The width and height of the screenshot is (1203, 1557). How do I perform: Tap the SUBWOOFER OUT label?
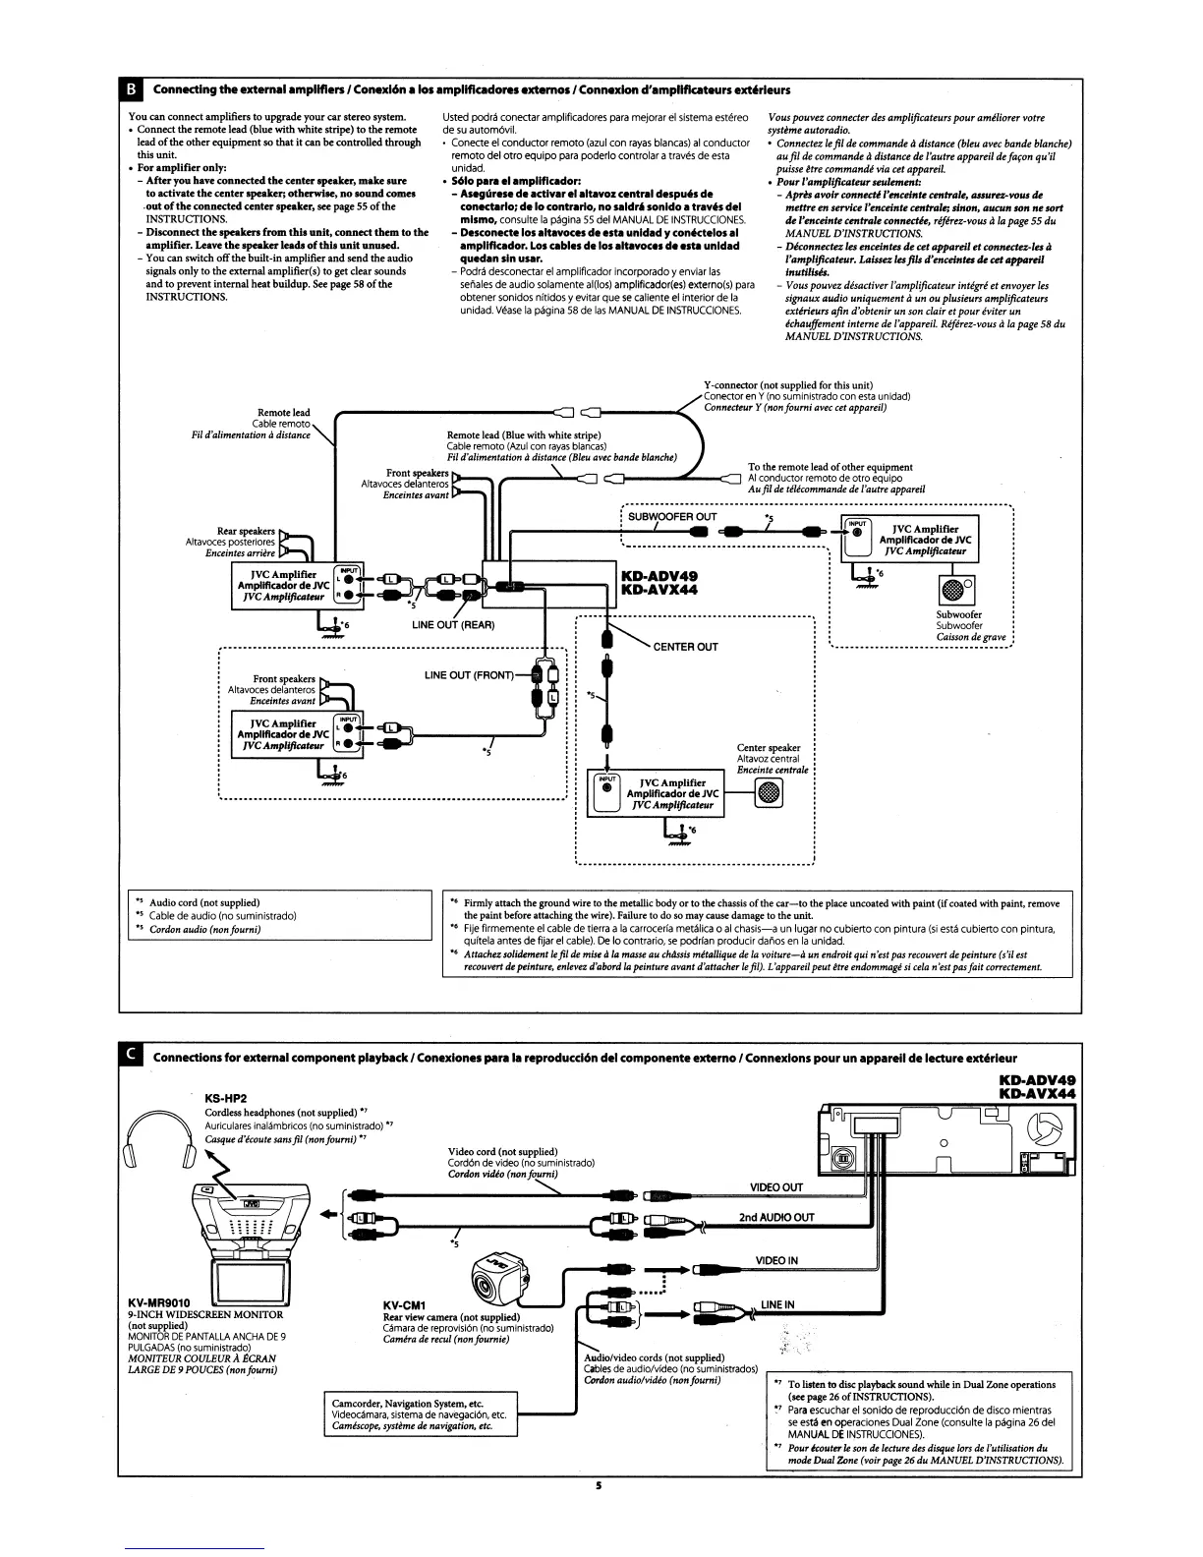point(672,516)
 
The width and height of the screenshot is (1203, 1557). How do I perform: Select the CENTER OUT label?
point(685,647)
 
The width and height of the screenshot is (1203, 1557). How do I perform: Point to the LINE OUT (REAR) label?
point(453,625)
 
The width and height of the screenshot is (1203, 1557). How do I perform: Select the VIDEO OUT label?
point(776,1187)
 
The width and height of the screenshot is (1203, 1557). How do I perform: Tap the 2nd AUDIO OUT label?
point(776,1217)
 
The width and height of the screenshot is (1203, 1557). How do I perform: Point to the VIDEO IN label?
point(776,1261)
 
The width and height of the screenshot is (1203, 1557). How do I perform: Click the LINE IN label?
point(776,1304)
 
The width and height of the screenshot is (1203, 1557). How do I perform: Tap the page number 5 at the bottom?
point(598,1485)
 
